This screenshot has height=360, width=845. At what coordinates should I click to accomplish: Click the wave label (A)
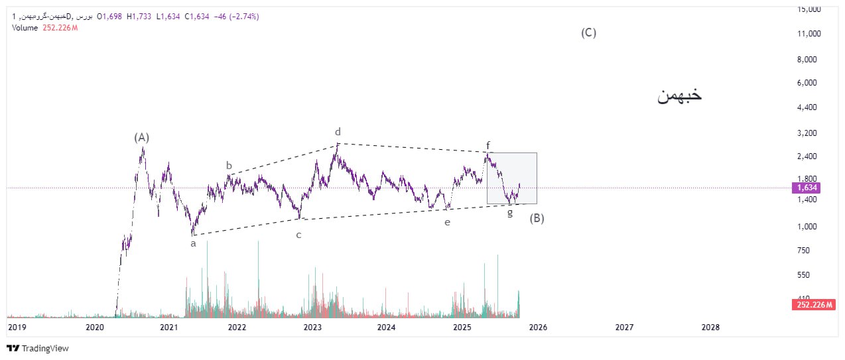141,138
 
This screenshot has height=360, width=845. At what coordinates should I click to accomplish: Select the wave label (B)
537,218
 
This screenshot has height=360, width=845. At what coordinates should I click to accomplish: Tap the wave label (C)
588,32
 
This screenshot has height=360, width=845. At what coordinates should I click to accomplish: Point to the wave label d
338,132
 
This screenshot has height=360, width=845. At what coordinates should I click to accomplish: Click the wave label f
487,145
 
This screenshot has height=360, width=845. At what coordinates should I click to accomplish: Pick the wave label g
509,213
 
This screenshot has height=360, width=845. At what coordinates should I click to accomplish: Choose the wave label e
447,223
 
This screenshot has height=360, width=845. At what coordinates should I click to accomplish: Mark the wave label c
298,235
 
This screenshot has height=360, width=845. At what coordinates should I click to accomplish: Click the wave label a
193,243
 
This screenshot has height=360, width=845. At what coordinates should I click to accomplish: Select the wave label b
229,166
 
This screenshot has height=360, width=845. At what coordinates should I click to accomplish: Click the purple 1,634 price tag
806,188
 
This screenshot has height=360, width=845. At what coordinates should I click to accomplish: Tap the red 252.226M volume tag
812,304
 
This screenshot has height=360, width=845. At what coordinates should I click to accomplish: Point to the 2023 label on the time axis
312,327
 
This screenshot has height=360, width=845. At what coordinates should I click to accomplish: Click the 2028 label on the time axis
710,327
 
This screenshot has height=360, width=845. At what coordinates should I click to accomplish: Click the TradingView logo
38,348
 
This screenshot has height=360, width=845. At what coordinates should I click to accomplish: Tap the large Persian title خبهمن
679,95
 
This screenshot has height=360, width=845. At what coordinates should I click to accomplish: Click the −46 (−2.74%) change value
236,17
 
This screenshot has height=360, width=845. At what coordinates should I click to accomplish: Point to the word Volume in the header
25,27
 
